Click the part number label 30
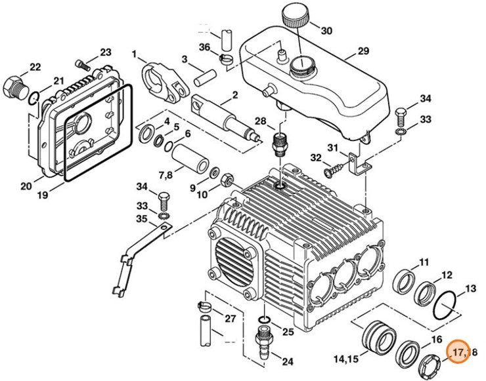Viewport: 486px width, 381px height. pos(326,30)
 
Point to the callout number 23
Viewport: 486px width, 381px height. pos(105,52)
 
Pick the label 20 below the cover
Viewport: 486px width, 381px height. pos(26,186)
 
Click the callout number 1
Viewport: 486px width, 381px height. pos(134,53)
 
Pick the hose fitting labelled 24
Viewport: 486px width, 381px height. pos(262,344)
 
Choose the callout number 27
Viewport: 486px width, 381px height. pos(230,319)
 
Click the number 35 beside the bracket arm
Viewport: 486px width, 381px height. pos(141,219)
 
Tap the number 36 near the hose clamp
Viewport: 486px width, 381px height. pos(204,47)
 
